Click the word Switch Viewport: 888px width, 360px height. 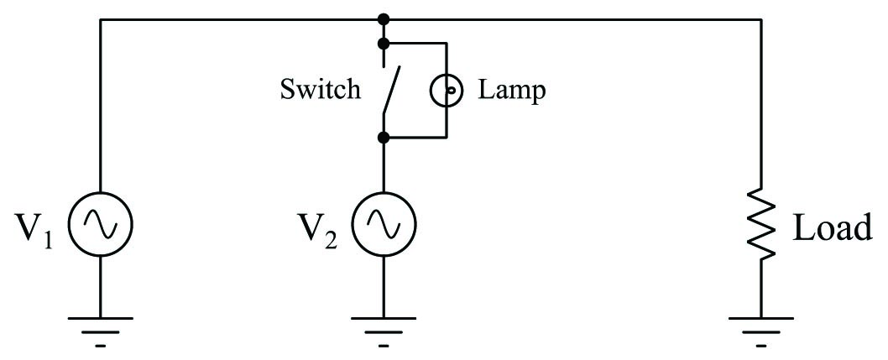click(320, 89)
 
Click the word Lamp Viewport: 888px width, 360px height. click(512, 89)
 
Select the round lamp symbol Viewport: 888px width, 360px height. click(446, 89)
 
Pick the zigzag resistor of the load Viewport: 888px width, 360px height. click(761, 223)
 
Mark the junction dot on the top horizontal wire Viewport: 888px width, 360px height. click(384, 18)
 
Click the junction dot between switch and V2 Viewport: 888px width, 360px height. click(384, 136)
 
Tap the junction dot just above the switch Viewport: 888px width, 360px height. click(384, 42)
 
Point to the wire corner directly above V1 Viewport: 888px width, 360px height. click(100, 18)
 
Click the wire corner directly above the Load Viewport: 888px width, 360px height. click(761, 18)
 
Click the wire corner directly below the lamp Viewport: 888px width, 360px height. click(446, 136)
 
